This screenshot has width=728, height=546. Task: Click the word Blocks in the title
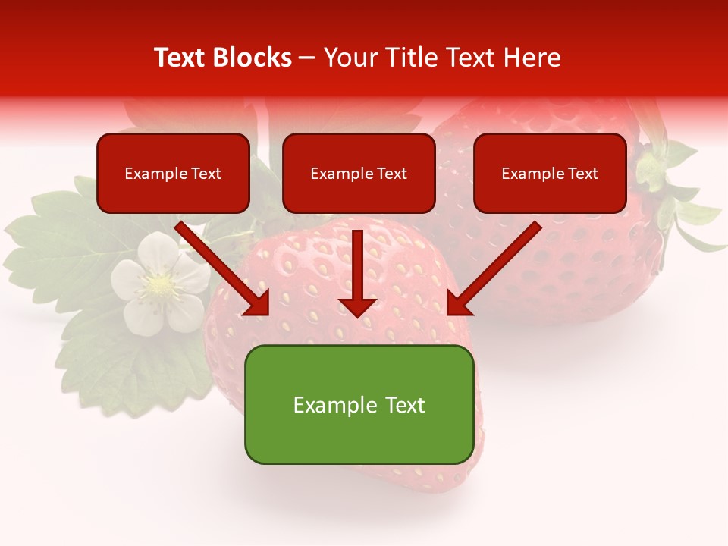(x=253, y=58)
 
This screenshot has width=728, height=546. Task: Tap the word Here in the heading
(x=530, y=58)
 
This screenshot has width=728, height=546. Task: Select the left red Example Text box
(x=173, y=174)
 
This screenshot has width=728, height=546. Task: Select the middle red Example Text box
(x=359, y=174)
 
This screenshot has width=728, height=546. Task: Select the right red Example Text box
(x=550, y=174)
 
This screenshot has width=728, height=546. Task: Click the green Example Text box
(x=359, y=405)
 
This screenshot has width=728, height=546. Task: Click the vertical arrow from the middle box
(x=358, y=269)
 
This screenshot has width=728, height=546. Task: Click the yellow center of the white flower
(x=159, y=285)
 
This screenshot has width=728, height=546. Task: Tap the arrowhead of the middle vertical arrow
(x=358, y=306)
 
